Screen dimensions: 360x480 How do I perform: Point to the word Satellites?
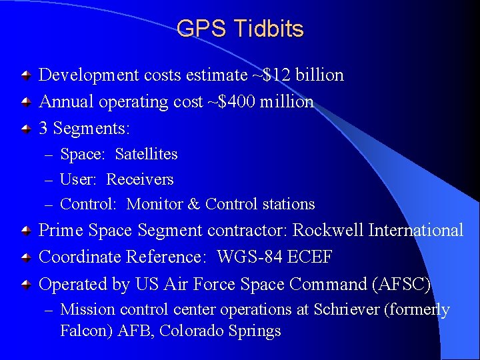(x=146, y=154)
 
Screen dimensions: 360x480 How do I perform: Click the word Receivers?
(x=140, y=179)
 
